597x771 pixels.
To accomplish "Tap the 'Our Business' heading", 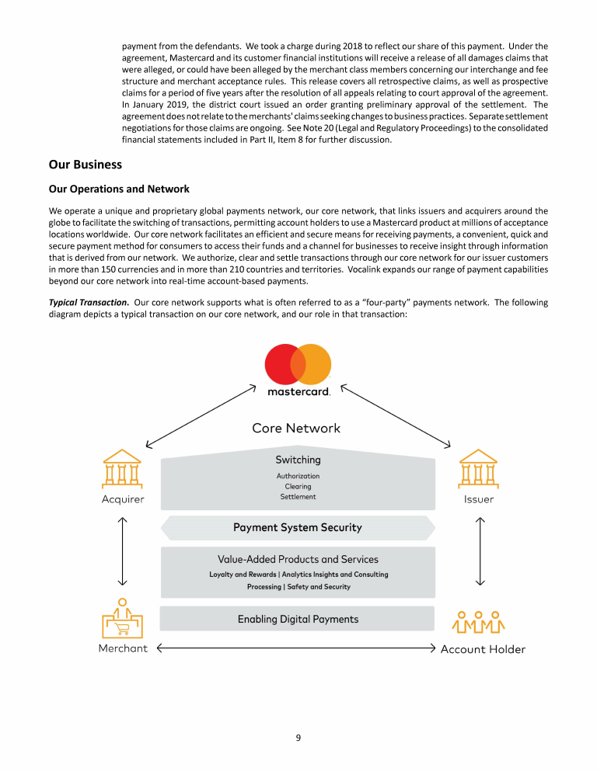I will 86,165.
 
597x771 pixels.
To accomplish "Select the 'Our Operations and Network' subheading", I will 119,189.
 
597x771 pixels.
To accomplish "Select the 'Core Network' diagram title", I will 296,428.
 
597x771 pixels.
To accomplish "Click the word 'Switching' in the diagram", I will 298,460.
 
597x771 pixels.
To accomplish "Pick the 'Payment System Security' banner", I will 298,527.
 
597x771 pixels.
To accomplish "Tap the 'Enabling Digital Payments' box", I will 298,619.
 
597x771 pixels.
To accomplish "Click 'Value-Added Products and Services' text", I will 298,559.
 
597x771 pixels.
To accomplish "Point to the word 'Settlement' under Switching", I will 298,497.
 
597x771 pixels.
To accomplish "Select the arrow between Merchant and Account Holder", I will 296,648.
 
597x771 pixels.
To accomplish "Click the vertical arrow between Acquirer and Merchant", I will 122,551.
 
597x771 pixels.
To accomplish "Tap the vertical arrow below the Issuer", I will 480,551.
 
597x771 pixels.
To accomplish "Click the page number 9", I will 298,738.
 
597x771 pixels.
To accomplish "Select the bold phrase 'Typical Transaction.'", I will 89,302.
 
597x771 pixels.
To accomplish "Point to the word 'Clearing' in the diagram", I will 298,487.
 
